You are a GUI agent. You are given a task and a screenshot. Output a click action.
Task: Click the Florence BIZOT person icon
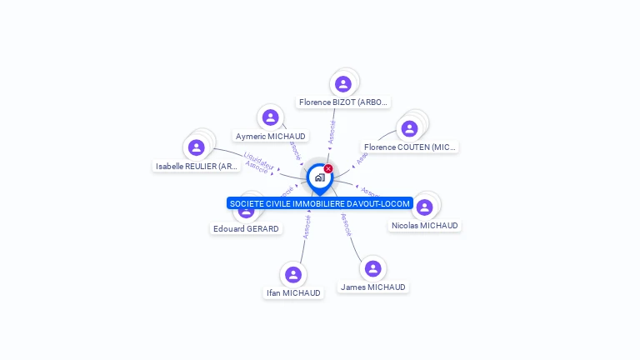pos(342,83)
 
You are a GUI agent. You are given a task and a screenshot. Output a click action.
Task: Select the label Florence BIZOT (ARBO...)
pos(343,102)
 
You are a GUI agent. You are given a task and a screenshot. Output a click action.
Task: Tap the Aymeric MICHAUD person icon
pos(270,117)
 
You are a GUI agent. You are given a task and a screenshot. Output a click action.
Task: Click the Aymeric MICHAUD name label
pos(270,136)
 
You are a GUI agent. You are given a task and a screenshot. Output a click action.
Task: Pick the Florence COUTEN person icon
pos(409,128)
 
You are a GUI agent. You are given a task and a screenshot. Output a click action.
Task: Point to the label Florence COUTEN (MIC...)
pos(409,147)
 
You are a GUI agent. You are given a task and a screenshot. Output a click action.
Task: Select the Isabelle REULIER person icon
pos(197,147)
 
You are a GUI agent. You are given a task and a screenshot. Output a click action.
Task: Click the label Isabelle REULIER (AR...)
pos(197,167)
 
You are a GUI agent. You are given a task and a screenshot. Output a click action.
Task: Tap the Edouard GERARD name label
pos(246,228)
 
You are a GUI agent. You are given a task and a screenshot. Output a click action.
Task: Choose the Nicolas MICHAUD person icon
pos(424,207)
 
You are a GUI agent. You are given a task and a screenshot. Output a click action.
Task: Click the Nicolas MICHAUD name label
pos(424,225)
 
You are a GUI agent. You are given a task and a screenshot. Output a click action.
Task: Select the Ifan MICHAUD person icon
pos(292,274)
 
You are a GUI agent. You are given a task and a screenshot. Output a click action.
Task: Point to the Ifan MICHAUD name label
pos(292,292)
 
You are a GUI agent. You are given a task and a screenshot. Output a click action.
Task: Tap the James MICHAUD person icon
pos(372,268)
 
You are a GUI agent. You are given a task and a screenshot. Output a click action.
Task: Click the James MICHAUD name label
pos(372,287)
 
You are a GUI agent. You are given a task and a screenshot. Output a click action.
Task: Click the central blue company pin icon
pos(319,177)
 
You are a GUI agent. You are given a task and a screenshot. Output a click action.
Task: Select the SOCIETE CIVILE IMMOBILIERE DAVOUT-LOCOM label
pos(319,203)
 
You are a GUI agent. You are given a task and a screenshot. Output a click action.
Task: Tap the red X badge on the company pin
pos(328,168)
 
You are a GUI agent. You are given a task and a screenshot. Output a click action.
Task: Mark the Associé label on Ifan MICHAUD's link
pos(307,227)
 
